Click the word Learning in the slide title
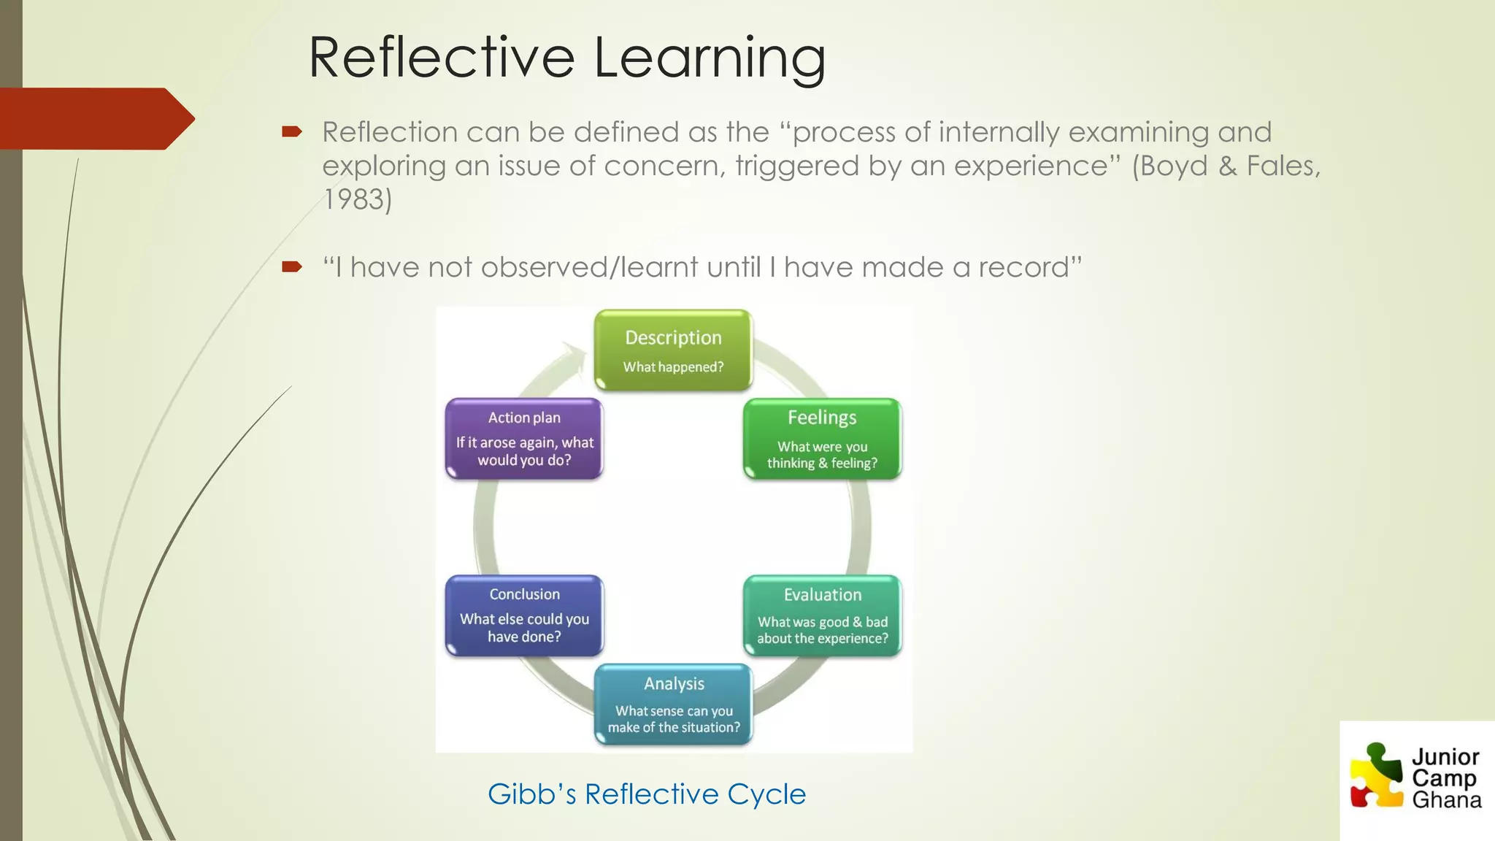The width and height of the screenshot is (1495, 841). tap(710, 58)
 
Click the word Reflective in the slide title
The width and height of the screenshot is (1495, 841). tap(442, 58)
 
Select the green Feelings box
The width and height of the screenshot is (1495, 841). tap(822, 438)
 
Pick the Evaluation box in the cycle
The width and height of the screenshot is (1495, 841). tap(822, 615)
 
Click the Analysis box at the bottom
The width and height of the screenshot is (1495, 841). tap(673, 704)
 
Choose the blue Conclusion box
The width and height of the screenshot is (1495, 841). tap(524, 615)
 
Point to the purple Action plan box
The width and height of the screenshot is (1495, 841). tap(524, 438)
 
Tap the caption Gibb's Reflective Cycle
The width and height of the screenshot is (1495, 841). tap(647, 794)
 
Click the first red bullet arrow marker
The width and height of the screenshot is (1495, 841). tap(292, 132)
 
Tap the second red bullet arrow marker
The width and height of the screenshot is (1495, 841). tap(292, 267)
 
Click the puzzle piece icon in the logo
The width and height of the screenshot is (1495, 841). tap(1377, 775)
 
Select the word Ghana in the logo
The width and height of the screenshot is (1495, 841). tap(1446, 801)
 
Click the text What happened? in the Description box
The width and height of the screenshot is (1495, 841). tap(673, 367)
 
